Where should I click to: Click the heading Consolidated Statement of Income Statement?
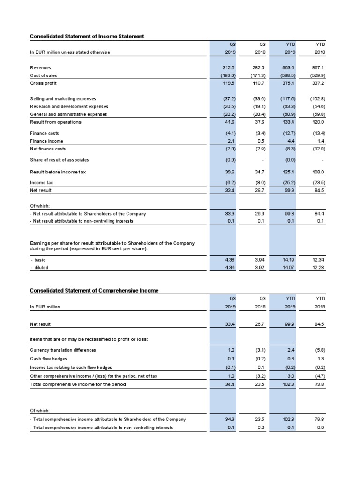87,36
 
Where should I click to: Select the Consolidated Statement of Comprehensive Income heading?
94,291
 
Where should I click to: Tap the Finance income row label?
46,141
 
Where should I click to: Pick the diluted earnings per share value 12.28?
318,267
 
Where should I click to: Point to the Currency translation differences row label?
63,350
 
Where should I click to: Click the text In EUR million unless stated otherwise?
70,52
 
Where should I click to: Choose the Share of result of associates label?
59,160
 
